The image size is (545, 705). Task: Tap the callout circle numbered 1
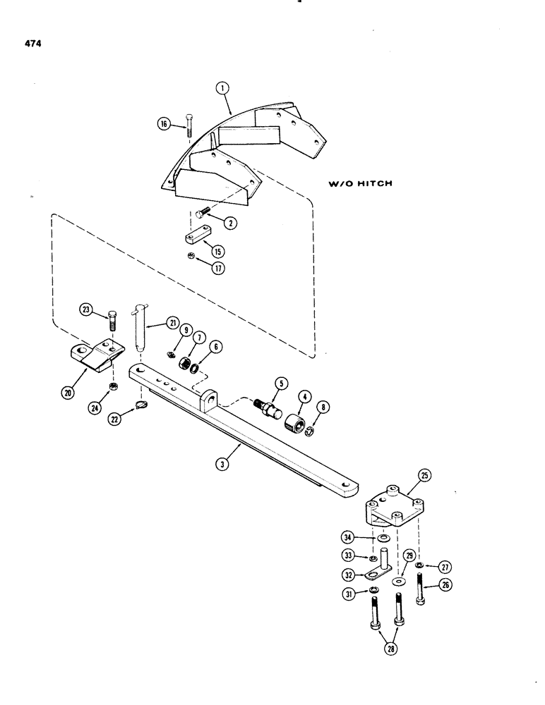[222, 90]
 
